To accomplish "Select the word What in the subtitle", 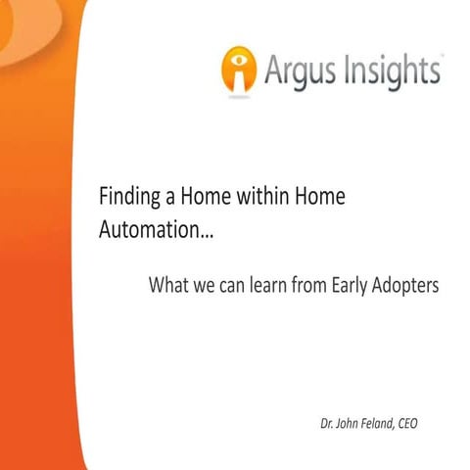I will pos(167,286).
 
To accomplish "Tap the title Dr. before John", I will pos(327,425).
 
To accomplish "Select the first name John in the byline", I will pos(352,425).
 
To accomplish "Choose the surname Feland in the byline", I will pos(388,425).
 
